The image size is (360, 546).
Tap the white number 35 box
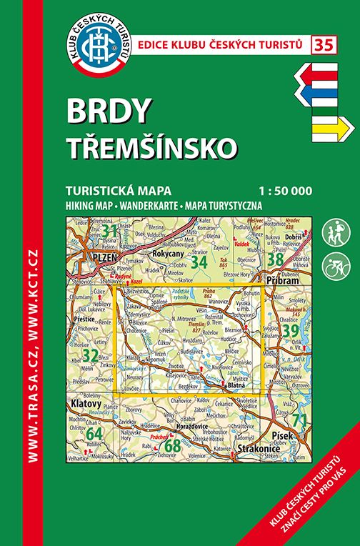pyautogui.click(x=322, y=44)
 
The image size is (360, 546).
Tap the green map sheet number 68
pyautogui.click(x=172, y=446)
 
